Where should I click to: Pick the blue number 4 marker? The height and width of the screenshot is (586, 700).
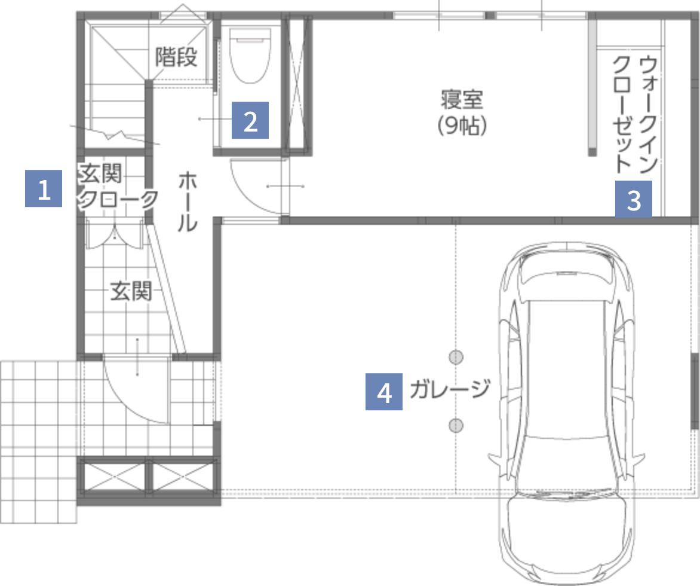tap(384, 392)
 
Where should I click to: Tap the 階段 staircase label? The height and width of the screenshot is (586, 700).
tap(176, 57)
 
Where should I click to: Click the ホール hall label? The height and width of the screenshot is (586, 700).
tap(187, 202)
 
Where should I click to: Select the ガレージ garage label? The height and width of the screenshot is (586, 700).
tap(449, 390)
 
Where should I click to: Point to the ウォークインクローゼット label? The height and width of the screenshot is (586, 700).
tap(635, 114)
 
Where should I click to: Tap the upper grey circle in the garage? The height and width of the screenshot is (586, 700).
tap(456, 358)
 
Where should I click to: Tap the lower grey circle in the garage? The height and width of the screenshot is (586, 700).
tap(456, 425)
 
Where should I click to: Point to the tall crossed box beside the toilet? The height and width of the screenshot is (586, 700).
tap(297, 83)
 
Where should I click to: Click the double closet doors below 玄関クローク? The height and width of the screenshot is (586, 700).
tap(113, 234)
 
